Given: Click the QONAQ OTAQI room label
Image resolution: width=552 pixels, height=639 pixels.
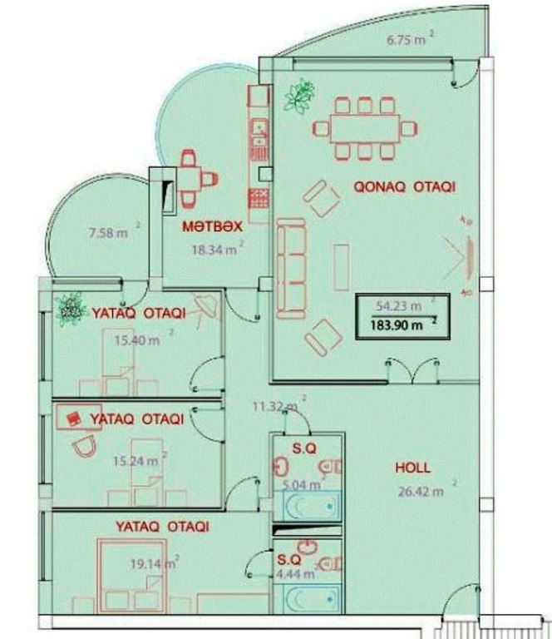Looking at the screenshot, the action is click(404, 186).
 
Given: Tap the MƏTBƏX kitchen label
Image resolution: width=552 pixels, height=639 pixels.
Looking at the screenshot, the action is click(212, 226).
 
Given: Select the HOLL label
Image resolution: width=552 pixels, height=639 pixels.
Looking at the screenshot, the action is click(413, 468).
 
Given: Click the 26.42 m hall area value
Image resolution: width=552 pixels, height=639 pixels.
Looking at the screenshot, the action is click(421, 492).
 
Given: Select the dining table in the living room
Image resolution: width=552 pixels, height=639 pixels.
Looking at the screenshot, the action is click(365, 128).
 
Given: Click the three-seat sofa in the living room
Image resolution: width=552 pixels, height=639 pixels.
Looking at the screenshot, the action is click(291, 268).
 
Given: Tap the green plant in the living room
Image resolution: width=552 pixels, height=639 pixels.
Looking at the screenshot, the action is click(300, 97).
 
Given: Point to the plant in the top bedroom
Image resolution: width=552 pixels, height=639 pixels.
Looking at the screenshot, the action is click(71, 310).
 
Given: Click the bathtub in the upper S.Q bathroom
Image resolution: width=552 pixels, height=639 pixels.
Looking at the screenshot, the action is click(307, 506).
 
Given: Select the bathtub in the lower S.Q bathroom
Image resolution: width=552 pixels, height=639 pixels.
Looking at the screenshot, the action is click(307, 598).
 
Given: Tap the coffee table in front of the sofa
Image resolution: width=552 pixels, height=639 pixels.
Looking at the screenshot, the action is click(341, 267).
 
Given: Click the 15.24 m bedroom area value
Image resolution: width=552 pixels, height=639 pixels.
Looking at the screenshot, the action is click(136, 461).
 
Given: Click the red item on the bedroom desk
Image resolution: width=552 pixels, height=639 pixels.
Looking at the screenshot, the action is click(73, 419).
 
